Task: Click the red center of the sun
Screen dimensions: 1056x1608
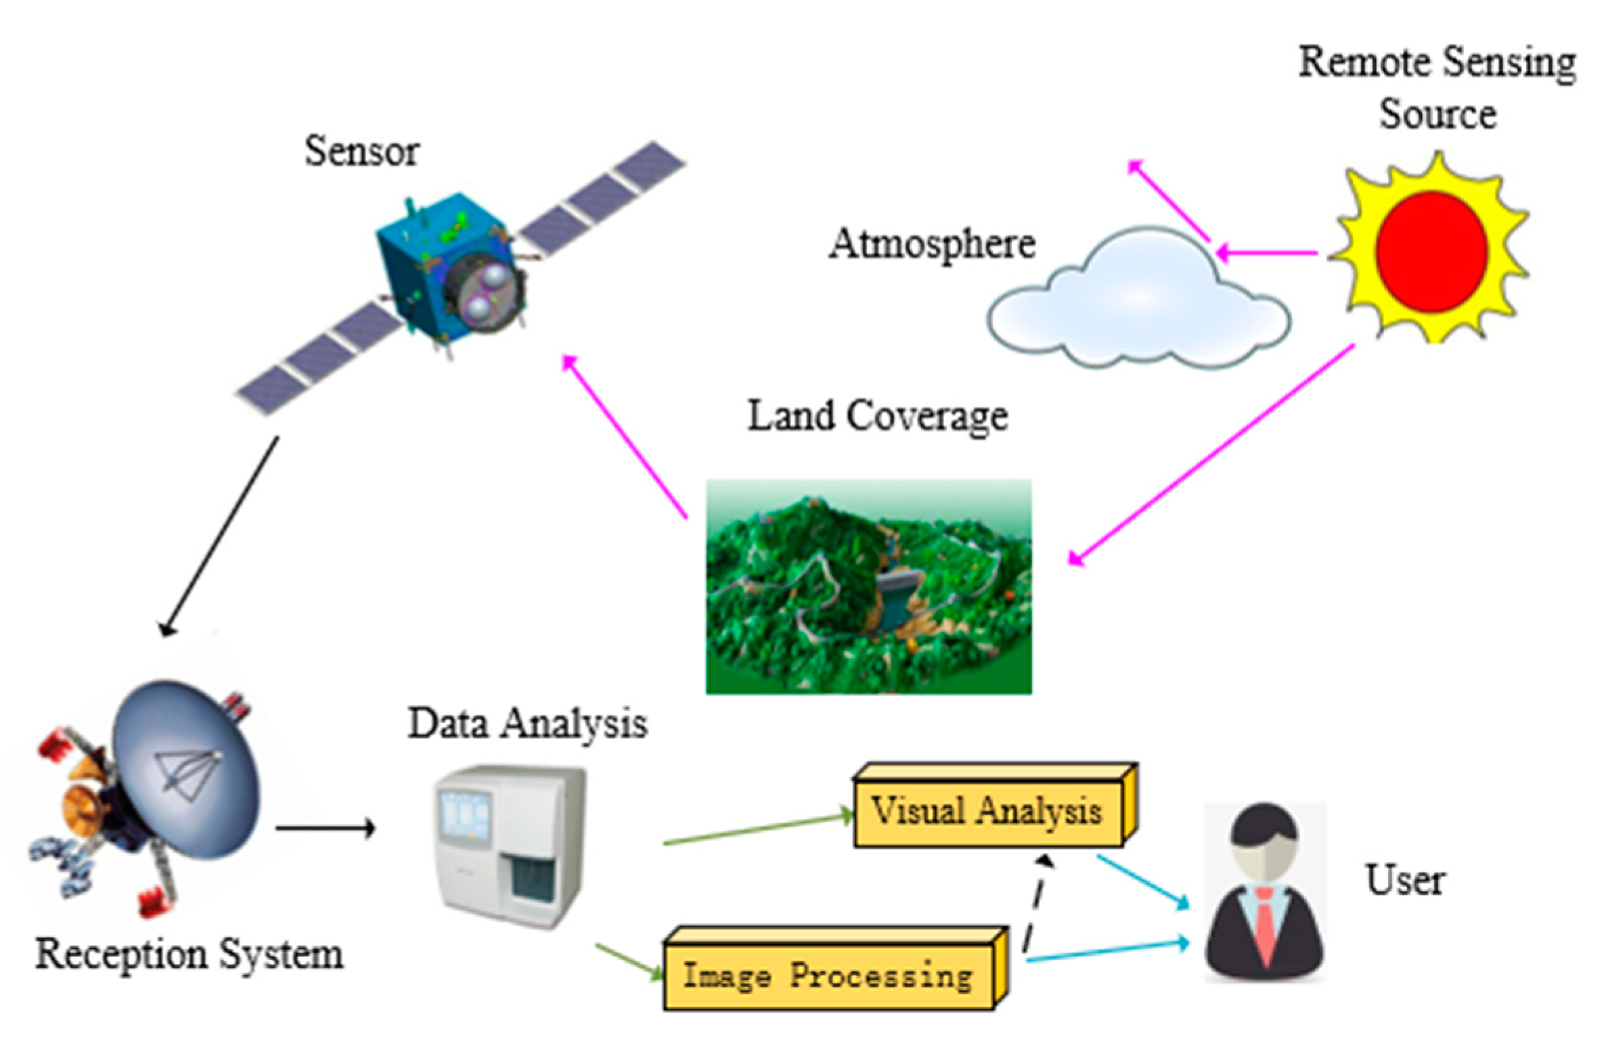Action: (1431, 248)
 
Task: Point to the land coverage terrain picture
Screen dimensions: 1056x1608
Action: (868, 587)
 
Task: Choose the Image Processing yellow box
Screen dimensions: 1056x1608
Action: (828, 975)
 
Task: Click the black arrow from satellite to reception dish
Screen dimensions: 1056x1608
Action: (220, 535)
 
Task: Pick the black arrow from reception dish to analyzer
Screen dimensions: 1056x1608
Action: (325, 827)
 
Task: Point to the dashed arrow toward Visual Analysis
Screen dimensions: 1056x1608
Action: (1035, 907)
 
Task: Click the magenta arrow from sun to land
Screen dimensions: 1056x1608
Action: (1211, 454)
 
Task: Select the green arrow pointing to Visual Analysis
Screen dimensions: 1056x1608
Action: (758, 829)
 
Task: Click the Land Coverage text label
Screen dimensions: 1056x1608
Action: (878, 416)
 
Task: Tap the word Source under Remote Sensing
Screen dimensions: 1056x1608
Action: (1437, 114)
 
